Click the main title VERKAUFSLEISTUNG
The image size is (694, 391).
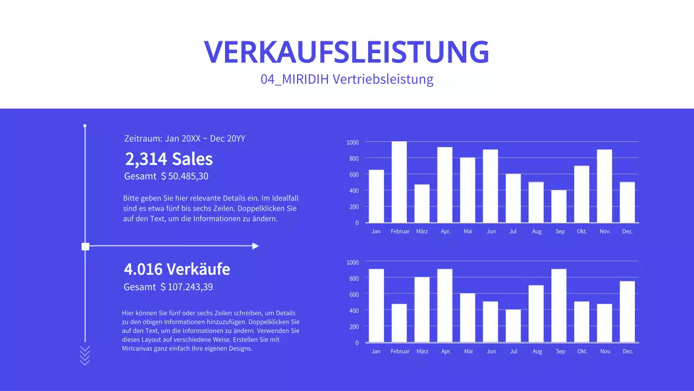pyautogui.click(x=346, y=52)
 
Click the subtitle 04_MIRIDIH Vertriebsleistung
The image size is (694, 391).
pyautogui.click(x=346, y=79)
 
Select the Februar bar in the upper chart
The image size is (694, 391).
pyautogui.click(x=399, y=182)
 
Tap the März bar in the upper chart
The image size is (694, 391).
pyautogui.click(x=422, y=204)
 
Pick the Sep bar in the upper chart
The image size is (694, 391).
pyautogui.click(x=559, y=206)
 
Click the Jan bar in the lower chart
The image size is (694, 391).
pyautogui.click(x=376, y=306)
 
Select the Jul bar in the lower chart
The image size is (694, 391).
pyautogui.click(x=513, y=326)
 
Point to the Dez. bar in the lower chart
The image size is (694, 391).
pyautogui.click(x=627, y=312)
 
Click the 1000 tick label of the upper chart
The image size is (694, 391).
pyautogui.click(x=352, y=142)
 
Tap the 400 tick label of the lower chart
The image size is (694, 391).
pyautogui.click(x=353, y=310)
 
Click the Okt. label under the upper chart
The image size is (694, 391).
pyautogui.click(x=582, y=231)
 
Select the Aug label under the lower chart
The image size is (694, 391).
pyautogui.click(x=537, y=351)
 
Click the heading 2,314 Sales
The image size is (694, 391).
pyautogui.click(x=169, y=159)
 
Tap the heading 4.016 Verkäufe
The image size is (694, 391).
pyautogui.click(x=177, y=269)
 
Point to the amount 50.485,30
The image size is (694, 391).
pyautogui.click(x=188, y=176)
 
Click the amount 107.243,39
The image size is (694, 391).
pyautogui.click(x=190, y=287)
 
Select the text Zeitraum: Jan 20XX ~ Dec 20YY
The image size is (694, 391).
pyautogui.click(x=185, y=138)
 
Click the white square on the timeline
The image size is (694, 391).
pyautogui.click(x=85, y=247)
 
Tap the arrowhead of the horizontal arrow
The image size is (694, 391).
pyautogui.click(x=255, y=246)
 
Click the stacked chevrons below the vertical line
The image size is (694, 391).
pyautogui.click(x=85, y=355)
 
